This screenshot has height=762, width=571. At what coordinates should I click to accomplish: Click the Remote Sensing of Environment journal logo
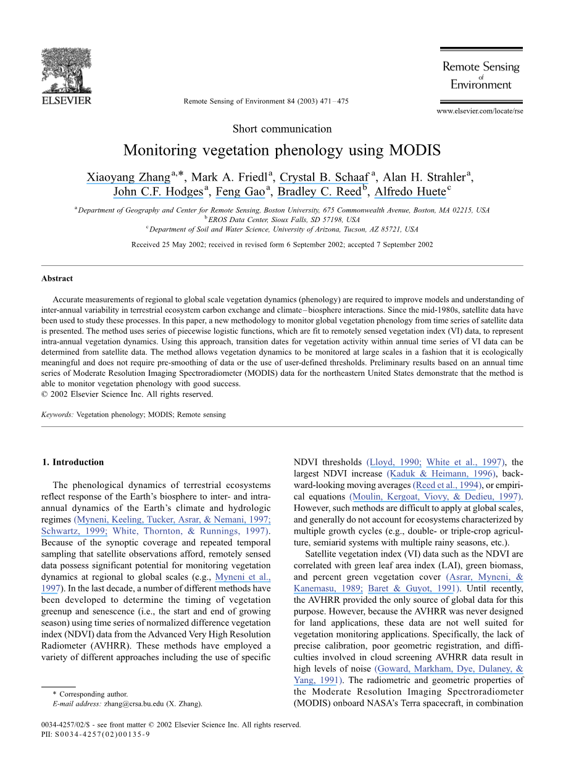coord(481,75)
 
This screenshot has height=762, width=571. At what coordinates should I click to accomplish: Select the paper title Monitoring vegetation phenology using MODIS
coord(281,151)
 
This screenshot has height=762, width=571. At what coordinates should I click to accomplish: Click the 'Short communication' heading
coord(282,129)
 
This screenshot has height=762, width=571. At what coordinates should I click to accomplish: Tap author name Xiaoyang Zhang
coord(128,178)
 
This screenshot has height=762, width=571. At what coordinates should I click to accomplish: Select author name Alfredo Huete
coord(410,192)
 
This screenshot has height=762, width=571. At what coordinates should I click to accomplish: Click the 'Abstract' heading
coord(57,278)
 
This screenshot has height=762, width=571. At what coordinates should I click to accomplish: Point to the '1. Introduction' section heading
coord(72,462)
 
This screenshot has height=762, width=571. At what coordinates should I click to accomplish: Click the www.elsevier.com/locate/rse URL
coord(480,111)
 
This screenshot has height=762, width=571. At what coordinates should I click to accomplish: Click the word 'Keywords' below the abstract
coord(57,415)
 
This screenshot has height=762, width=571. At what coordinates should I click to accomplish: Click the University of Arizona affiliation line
coord(284,230)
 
